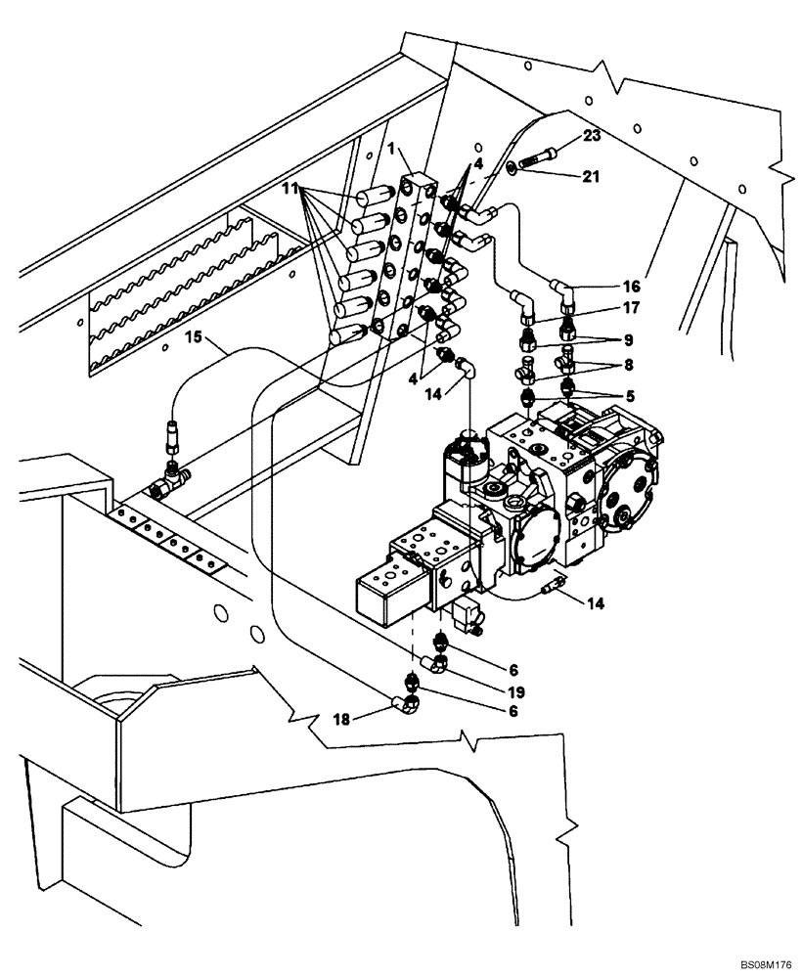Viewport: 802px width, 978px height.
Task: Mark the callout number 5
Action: point(622,397)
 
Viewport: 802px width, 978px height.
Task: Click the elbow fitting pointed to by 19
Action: point(440,664)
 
